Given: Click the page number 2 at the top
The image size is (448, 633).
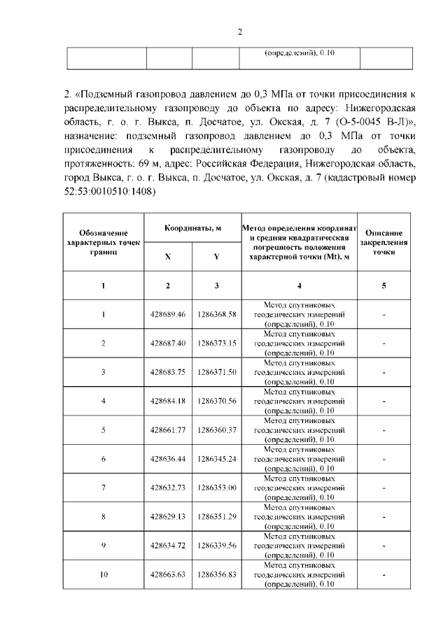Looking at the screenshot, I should (x=239, y=31).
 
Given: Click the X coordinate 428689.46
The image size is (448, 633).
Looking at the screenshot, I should (x=168, y=314).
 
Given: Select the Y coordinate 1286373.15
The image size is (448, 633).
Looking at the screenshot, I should (x=216, y=343).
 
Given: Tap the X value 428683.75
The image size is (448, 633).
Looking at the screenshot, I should (x=168, y=372).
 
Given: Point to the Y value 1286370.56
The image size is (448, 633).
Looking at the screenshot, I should (x=216, y=401).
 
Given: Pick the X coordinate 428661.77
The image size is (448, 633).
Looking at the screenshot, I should (x=168, y=429).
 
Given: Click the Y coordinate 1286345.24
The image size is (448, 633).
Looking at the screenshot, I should (x=216, y=459).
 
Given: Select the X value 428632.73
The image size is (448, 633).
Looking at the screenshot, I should (x=168, y=488).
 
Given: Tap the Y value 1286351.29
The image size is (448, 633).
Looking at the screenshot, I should (x=216, y=516).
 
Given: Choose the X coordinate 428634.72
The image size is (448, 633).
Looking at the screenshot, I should (x=168, y=546).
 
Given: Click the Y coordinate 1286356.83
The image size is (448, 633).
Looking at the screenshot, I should (x=216, y=574).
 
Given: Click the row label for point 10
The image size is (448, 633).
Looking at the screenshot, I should (x=104, y=574).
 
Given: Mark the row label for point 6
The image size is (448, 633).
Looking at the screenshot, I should (x=104, y=459).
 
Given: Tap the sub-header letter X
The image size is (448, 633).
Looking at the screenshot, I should (x=168, y=256).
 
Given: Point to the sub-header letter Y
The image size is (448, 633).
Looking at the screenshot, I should (x=216, y=256).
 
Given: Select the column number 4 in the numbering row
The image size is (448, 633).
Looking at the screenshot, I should (x=299, y=285).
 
